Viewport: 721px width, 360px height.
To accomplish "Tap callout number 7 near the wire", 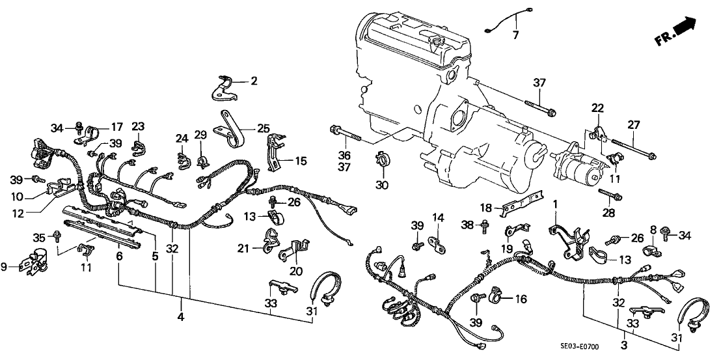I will [515, 35].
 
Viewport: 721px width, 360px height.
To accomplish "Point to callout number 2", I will [254, 82].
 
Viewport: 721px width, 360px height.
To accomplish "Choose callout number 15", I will [301, 161].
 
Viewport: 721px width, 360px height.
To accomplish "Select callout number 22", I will [597, 107].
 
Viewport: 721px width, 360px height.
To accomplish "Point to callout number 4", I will [180, 318].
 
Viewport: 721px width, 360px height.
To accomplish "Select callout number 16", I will [520, 299].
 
